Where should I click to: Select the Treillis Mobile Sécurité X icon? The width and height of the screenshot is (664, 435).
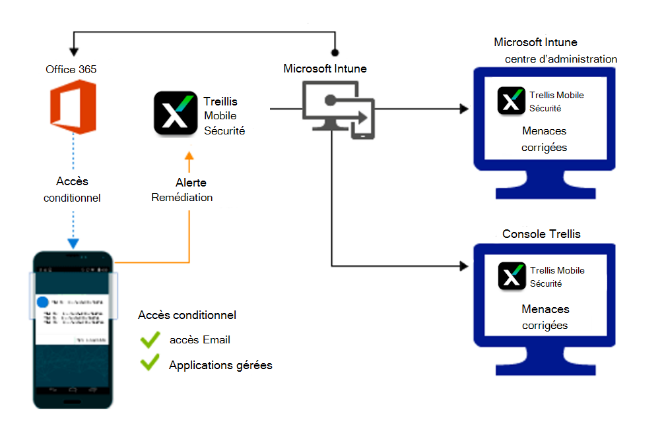pos(175,113)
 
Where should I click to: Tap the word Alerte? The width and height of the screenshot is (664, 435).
pos(191,183)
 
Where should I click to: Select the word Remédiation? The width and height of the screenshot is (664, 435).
pos(182,197)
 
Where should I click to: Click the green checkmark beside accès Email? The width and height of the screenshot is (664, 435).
pos(150,340)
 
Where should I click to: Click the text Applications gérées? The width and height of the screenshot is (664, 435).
pos(220,364)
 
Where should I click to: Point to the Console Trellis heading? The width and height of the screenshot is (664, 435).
pos(541,234)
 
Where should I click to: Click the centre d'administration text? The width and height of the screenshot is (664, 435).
pos(561,59)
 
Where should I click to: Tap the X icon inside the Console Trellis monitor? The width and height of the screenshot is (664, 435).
pos(512,275)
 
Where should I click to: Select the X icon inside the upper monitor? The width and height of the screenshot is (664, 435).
pos(512,100)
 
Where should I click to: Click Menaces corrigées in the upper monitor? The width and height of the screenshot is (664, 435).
pos(544,139)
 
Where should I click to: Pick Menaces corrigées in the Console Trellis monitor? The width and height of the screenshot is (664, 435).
pos(545,317)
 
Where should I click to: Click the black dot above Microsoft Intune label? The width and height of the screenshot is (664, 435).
pos(335,51)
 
